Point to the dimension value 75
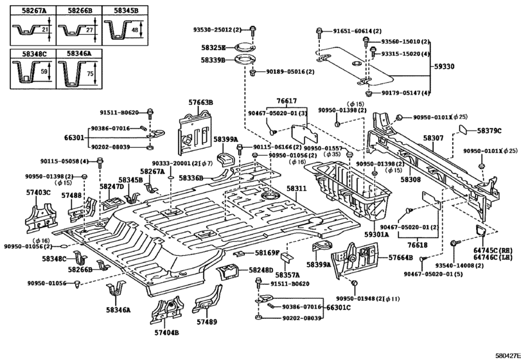(x=90, y=73)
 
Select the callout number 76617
(x=287, y=101)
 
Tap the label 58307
(x=434, y=138)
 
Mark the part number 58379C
(x=490, y=130)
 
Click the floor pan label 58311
(x=297, y=188)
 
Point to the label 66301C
(x=337, y=308)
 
